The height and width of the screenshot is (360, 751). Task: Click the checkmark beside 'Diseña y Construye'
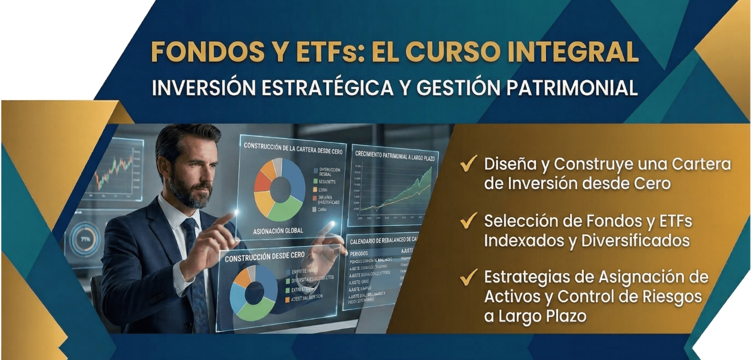pos(468,164)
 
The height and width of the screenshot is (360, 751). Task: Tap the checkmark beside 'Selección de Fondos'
pos(468,220)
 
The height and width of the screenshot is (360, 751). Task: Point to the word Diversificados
pos(636,240)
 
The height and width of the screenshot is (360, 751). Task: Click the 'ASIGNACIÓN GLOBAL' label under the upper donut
pos(278,231)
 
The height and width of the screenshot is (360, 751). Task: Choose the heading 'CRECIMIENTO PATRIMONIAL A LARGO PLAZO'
pos(394,156)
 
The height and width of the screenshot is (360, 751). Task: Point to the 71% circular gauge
pos(85,240)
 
